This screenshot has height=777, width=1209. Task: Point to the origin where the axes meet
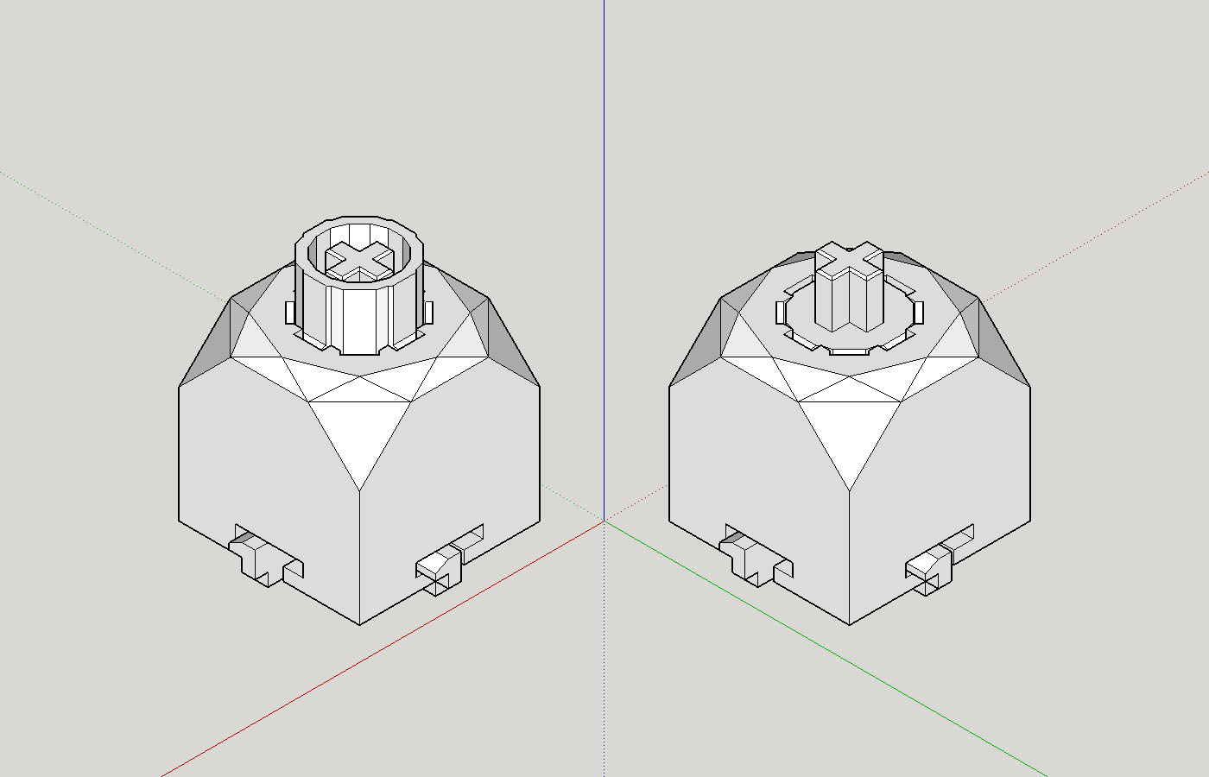pos(604,521)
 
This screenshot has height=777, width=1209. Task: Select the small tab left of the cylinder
pos(291,311)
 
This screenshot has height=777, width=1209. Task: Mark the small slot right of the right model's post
pos(918,311)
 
